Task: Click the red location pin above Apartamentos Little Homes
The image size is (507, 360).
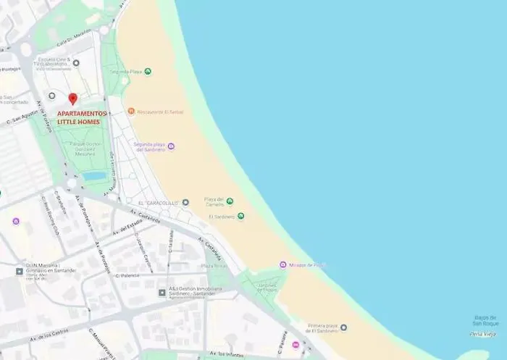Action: pos(72,99)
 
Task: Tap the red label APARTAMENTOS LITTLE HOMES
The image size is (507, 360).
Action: pos(82,117)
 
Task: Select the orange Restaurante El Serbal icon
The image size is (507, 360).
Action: pos(131,112)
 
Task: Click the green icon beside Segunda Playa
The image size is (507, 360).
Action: pos(148,72)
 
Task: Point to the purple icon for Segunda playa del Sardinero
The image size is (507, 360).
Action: pos(171,146)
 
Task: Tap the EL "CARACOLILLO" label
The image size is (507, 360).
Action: pos(157,203)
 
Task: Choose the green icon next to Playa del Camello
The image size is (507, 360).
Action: pos(230,201)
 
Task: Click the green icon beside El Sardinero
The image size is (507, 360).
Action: pos(240,216)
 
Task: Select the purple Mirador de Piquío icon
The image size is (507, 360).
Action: pos(283,265)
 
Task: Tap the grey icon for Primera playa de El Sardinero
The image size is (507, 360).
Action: pos(343,327)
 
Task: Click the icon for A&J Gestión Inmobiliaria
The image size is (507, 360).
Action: pos(162,293)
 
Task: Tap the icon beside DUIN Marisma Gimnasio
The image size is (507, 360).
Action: pos(20,271)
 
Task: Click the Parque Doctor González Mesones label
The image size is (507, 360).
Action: pos(85,148)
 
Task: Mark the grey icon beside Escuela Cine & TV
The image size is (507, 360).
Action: pos(76,63)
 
